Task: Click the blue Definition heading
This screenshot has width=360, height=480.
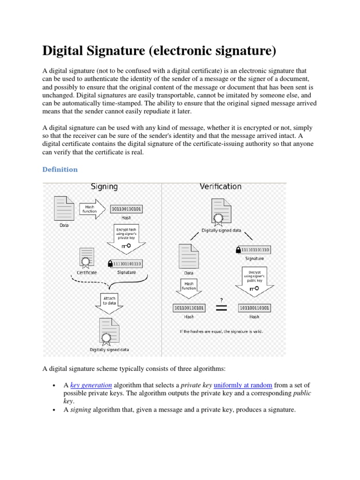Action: pyautogui.click(x=60, y=170)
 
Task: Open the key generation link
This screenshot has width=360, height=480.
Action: pyautogui.click(x=91, y=385)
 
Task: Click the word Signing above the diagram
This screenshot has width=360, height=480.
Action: pyautogui.click(x=104, y=187)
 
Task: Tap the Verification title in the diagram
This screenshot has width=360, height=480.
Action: pyautogui.click(x=220, y=187)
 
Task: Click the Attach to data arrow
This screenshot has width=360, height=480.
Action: pyautogui.click(x=110, y=301)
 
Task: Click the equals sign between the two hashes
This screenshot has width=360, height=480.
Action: pyautogui.click(x=220, y=308)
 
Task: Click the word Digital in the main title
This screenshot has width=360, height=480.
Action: pyautogui.click(x=62, y=50)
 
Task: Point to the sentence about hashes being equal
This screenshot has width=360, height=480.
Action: pyautogui.click(x=222, y=331)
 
